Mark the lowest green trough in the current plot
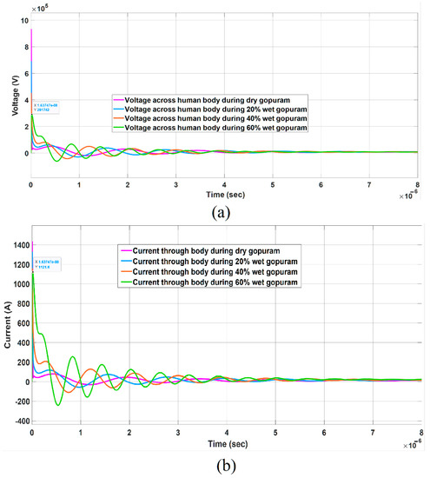[x=58, y=405]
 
